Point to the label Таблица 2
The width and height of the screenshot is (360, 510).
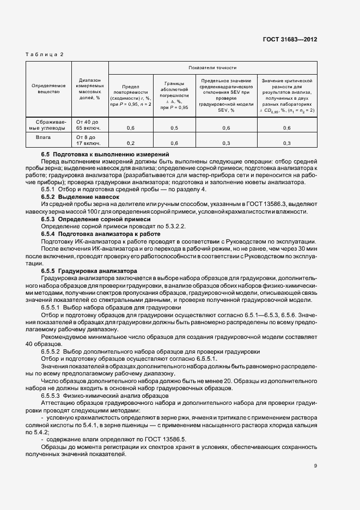45,54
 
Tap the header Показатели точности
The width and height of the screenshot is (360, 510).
212,68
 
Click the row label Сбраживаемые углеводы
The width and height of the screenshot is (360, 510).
49,124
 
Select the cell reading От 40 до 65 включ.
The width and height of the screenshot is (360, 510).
90,124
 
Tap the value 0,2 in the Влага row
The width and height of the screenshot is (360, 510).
131,143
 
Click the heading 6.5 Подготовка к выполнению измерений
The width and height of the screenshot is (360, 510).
105,155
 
